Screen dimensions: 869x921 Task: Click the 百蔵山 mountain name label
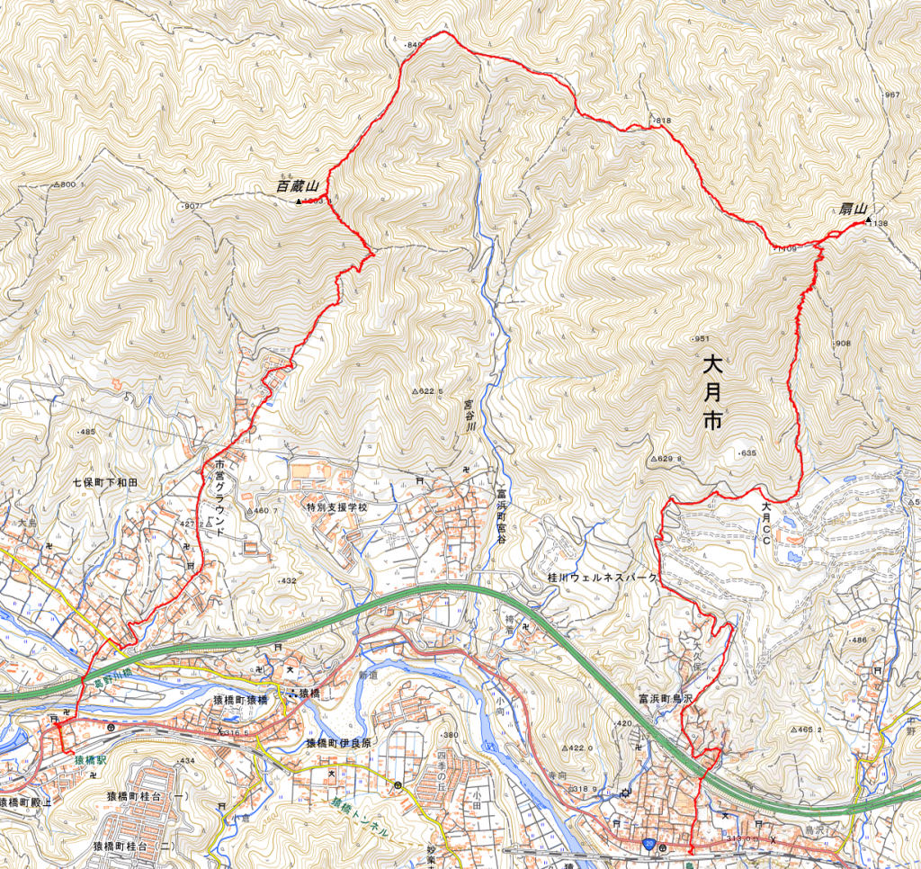(298, 187)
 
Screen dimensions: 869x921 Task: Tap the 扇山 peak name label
(853, 210)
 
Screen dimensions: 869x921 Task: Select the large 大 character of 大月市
(712, 367)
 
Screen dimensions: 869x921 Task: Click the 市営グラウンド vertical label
(219, 498)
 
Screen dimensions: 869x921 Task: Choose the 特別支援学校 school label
(337, 507)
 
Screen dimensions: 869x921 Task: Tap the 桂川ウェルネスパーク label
(598, 576)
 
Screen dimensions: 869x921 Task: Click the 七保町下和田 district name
(107, 483)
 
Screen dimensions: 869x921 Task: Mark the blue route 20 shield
(648, 846)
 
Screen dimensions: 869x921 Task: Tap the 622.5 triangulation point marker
(416, 392)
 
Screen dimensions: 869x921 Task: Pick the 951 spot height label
(702, 338)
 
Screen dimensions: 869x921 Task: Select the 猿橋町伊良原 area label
(338, 743)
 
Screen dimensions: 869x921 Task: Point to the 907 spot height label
(191, 207)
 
